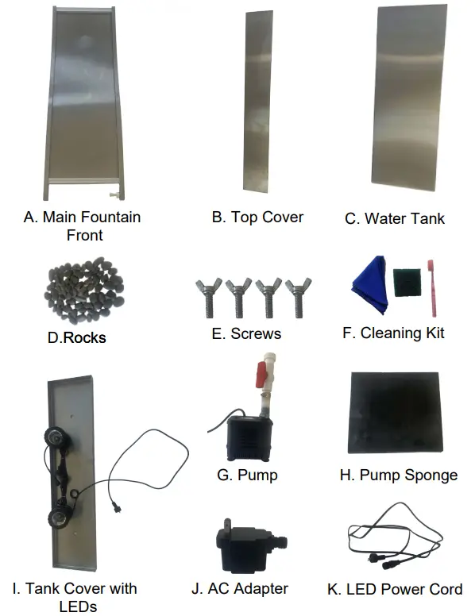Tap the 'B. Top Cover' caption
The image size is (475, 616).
(257, 217)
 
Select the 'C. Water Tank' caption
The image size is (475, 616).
(406, 218)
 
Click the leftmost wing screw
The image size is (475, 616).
(203, 298)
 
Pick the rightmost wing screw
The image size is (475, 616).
(299, 298)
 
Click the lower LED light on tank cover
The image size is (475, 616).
(58, 518)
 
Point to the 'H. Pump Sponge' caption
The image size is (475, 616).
(398, 475)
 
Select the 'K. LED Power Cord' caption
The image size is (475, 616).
(395, 589)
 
